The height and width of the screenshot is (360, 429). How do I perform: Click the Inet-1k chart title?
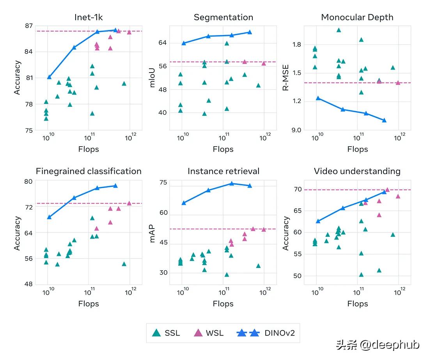pos(89,17)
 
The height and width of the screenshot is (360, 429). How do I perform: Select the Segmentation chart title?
pos(223,17)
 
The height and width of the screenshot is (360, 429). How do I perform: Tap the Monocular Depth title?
pos(357,17)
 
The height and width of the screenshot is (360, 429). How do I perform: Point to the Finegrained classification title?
pos(89,171)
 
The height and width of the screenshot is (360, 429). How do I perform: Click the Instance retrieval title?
pos(223,171)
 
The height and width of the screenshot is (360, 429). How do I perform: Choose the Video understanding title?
pos(357,171)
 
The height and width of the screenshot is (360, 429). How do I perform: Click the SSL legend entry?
pos(166,333)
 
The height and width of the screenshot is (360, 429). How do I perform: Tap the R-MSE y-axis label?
pos(286,78)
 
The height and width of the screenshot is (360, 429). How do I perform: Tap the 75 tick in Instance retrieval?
pos(163,183)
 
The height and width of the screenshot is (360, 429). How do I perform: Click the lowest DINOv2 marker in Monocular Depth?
pos(384,120)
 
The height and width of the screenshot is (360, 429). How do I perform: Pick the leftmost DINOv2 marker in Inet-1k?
pos(49,77)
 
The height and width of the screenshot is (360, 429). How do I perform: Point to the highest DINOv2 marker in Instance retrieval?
pos(231,183)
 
